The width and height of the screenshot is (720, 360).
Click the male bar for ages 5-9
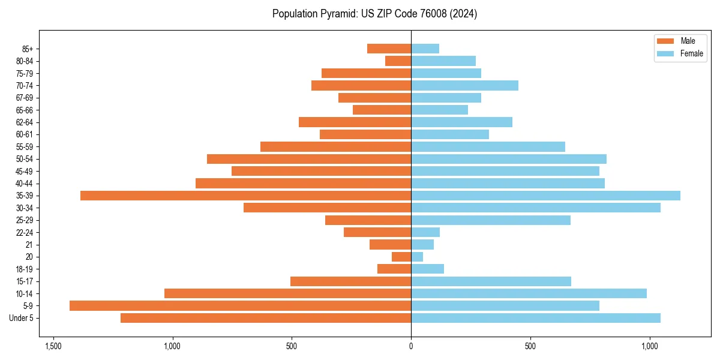tap(240, 306)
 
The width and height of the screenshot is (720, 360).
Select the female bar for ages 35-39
tap(545, 196)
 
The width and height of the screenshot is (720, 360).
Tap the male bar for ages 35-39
tap(245, 196)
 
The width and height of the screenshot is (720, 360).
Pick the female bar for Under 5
tap(536, 318)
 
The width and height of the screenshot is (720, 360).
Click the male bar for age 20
tap(401, 257)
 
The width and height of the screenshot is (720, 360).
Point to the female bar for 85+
tap(425, 49)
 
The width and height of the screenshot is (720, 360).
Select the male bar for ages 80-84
tap(398, 61)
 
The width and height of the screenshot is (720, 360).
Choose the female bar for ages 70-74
tap(464, 86)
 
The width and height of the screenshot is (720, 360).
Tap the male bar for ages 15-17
tap(350, 281)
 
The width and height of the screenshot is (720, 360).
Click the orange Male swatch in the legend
tap(665, 41)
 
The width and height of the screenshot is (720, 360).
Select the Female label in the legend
tap(691, 53)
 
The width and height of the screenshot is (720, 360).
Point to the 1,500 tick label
tap(53, 347)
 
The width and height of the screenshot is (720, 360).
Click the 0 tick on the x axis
tap(411, 347)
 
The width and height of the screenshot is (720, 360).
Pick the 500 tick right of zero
tap(530, 347)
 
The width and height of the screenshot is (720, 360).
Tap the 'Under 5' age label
tap(21, 318)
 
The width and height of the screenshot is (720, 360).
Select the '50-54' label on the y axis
tap(24, 159)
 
